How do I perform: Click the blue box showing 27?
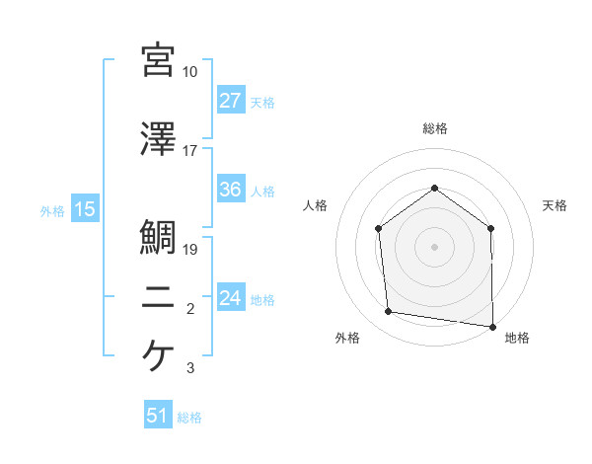tap(231, 102)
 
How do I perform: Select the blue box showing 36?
tap(231, 191)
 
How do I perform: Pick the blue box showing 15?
tap(84, 209)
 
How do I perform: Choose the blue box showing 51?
tap(158, 416)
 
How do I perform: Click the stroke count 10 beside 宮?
tap(190, 72)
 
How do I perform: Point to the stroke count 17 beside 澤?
tap(190, 151)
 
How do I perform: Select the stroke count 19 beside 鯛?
tap(190, 250)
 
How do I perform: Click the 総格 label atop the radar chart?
tap(434, 128)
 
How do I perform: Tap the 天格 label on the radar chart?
tap(555, 205)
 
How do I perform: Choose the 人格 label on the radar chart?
tap(315, 205)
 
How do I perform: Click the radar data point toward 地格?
tap(491, 325)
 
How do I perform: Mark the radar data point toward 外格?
tap(389, 312)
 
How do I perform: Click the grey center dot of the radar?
tap(434, 247)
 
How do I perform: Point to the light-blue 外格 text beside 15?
tap(51, 210)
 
